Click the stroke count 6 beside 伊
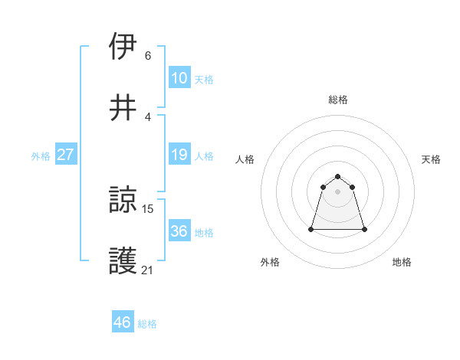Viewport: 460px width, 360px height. click(x=147, y=56)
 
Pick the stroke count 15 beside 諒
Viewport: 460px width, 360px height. click(x=149, y=208)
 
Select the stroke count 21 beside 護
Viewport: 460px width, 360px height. click(x=148, y=270)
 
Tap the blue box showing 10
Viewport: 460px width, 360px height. click(x=179, y=78)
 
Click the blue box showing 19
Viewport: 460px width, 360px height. click(x=179, y=155)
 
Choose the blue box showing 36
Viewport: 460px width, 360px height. click(x=179, y=231)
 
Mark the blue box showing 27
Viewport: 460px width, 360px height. click(x=66, y=155)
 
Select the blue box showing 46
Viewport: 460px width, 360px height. click(x=123, y=322)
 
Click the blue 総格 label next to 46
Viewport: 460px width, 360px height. click(x=147, y=324)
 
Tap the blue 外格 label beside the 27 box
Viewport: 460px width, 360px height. click(x=41, y=156)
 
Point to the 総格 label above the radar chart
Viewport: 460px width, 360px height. click(x=338, y=100)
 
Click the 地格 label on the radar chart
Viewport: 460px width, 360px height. click(x=402, y=262)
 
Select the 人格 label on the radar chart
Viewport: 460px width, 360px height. click(x=245, y=159)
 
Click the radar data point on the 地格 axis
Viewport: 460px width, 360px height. click(x=364, y=229)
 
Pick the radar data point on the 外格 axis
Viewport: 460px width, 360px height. click(x=311, y=229)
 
